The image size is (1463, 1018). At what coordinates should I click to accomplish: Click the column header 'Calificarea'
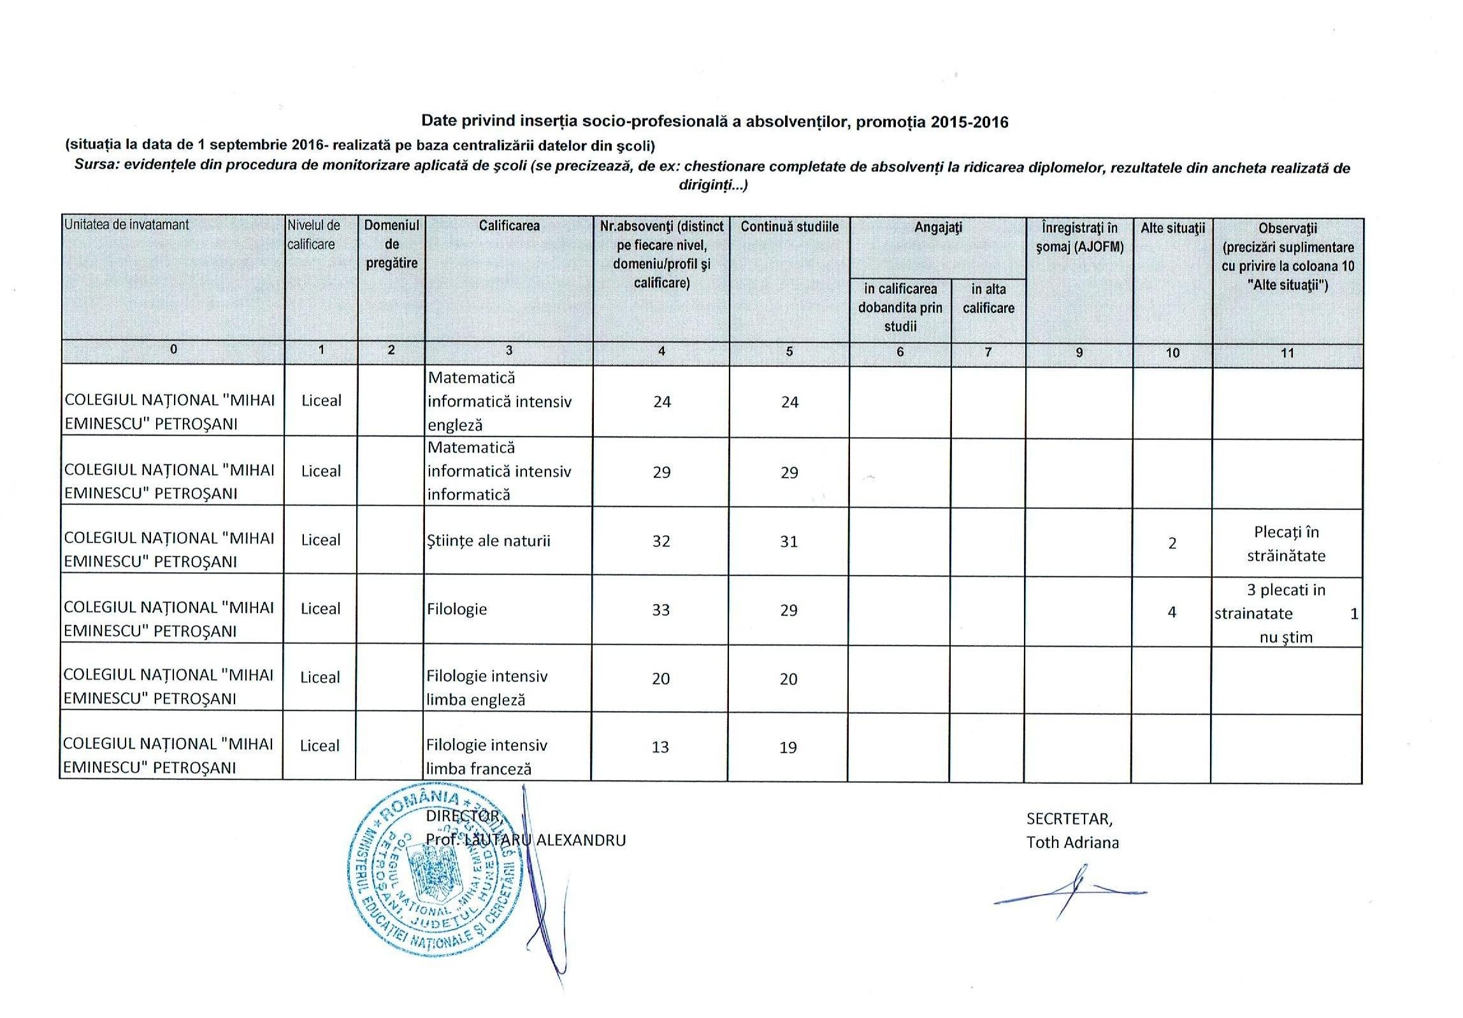[x=508, y=226]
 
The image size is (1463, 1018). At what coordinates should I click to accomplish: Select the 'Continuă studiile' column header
[x=789, y=227]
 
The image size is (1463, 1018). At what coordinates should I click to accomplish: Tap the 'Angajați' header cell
[x=937, y=227]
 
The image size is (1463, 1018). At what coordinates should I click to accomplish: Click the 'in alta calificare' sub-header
[x=988, y=298]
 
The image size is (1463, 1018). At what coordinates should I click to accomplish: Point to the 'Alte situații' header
[x=1172, y=227]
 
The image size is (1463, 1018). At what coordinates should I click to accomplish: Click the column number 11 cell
[x=1287, y=353]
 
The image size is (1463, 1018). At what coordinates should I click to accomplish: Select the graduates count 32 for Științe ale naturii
[x=661, y=541]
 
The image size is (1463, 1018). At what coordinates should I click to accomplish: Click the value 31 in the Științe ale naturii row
[x=789, y=541]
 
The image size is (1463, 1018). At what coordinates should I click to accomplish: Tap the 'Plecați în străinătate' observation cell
[x=1286, y=543]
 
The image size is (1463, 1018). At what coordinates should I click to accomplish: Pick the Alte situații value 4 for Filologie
[x=1171, y=612]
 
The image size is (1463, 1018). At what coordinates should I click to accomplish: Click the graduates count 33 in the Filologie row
[x=661, y=610]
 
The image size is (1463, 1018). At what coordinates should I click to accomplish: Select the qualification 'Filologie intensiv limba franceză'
[x=487, y=756]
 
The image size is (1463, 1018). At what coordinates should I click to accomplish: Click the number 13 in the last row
[x=660, y=747]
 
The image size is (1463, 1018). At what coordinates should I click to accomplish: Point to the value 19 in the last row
[x=788, y=747]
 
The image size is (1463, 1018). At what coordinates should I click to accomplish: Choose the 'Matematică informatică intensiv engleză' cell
[x=500, y=401]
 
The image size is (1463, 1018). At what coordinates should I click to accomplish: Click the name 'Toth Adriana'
[x=1072, y=842]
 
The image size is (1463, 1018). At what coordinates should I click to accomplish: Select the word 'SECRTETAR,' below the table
[x=1069, y=819]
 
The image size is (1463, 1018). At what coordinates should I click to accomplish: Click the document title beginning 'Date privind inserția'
[x=715, y=122]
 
